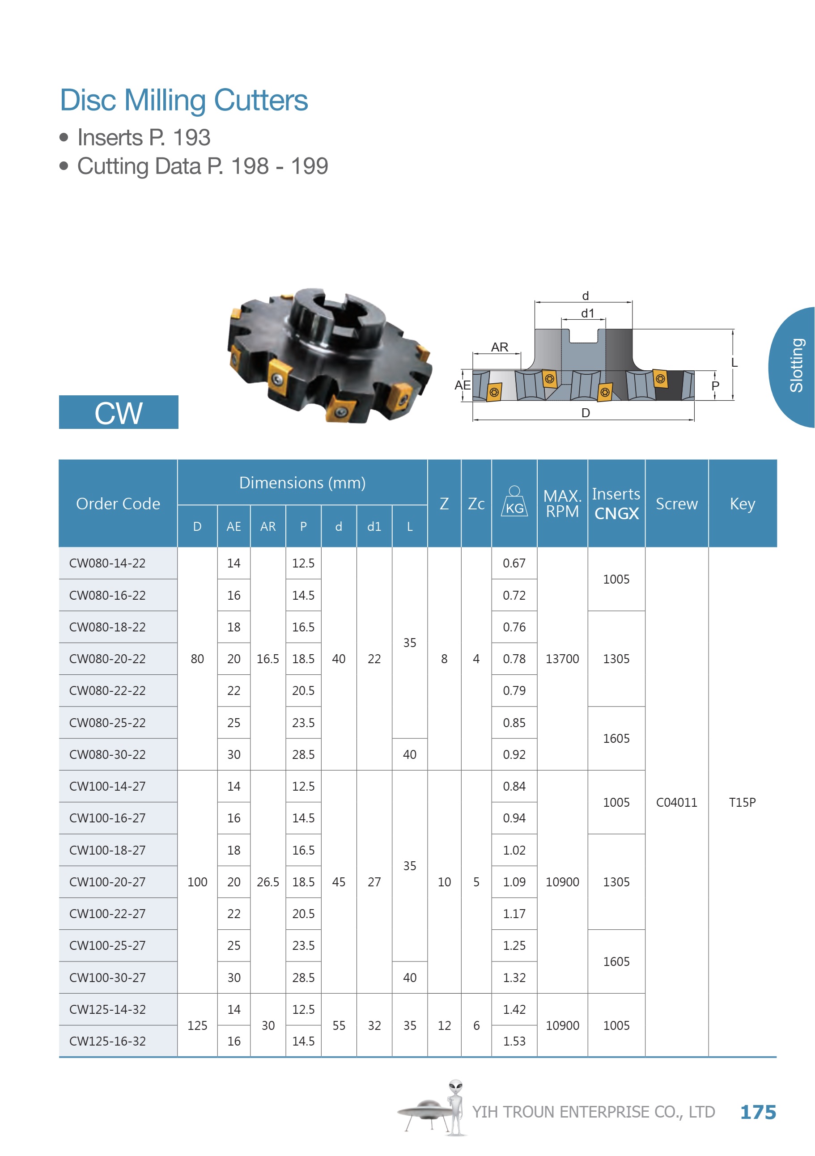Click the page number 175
758,1112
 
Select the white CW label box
119,412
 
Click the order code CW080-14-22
107,563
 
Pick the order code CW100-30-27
107,978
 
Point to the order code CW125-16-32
107,1041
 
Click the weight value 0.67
514,563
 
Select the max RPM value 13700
562,659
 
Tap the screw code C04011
676,803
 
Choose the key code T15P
742,803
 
